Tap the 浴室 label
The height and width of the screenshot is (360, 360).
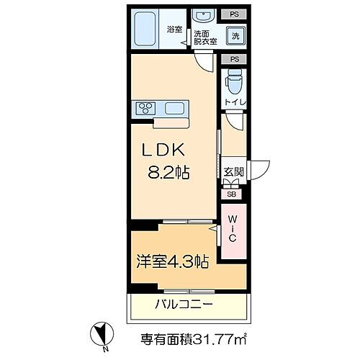pos(174,30)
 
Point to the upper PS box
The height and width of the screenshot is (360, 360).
pos(235,14)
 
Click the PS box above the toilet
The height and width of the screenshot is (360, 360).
pos(235,60)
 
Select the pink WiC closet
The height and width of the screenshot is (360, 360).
pos(233,235)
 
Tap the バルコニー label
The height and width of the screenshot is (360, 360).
pos(184,305)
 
